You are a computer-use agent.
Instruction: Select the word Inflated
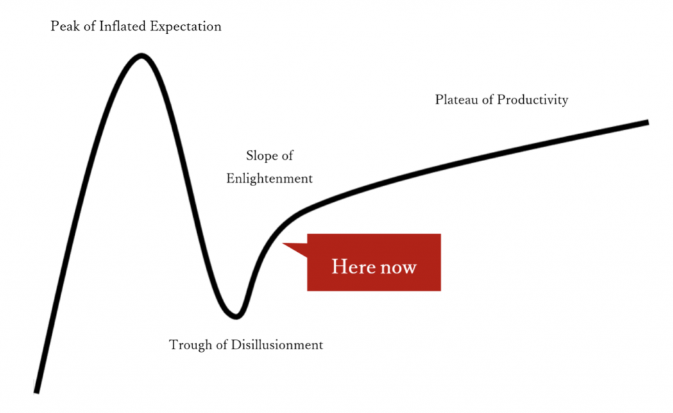click(x=123, y=26)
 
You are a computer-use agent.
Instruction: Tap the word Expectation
click(x=185, y=26)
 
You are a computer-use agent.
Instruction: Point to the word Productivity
click(x=532, y=100)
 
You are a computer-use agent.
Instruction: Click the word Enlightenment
click(x=269, y=179)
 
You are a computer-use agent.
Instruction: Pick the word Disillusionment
click(x=277, y=345)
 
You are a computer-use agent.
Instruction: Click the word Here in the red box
click(x=354, y=266)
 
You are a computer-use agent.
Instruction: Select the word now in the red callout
click(x=399, y=268)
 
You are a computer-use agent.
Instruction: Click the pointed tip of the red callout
click(x=283, y=243)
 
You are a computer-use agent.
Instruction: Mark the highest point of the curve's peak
click(x=141, y=55)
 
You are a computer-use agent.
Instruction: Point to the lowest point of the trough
click(x=236, y=317)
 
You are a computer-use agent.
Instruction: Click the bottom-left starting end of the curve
click(x=37, y=392)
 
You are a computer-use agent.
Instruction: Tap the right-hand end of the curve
click(x=648, y=122)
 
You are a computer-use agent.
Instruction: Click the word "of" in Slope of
click(x=287, y=155)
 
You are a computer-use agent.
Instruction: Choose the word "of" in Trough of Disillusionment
click(x=221, y=345)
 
